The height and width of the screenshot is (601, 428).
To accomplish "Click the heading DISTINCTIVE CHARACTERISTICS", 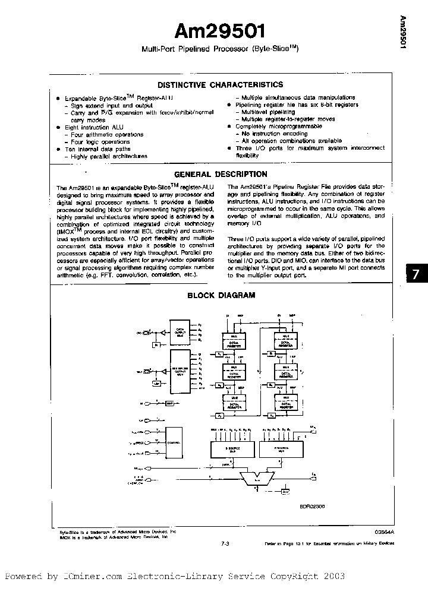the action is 219,85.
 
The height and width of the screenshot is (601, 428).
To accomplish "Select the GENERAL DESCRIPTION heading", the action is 220,175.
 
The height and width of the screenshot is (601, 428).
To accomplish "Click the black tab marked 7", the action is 416,274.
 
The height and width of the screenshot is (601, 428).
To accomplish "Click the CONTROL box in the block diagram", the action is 175,442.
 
